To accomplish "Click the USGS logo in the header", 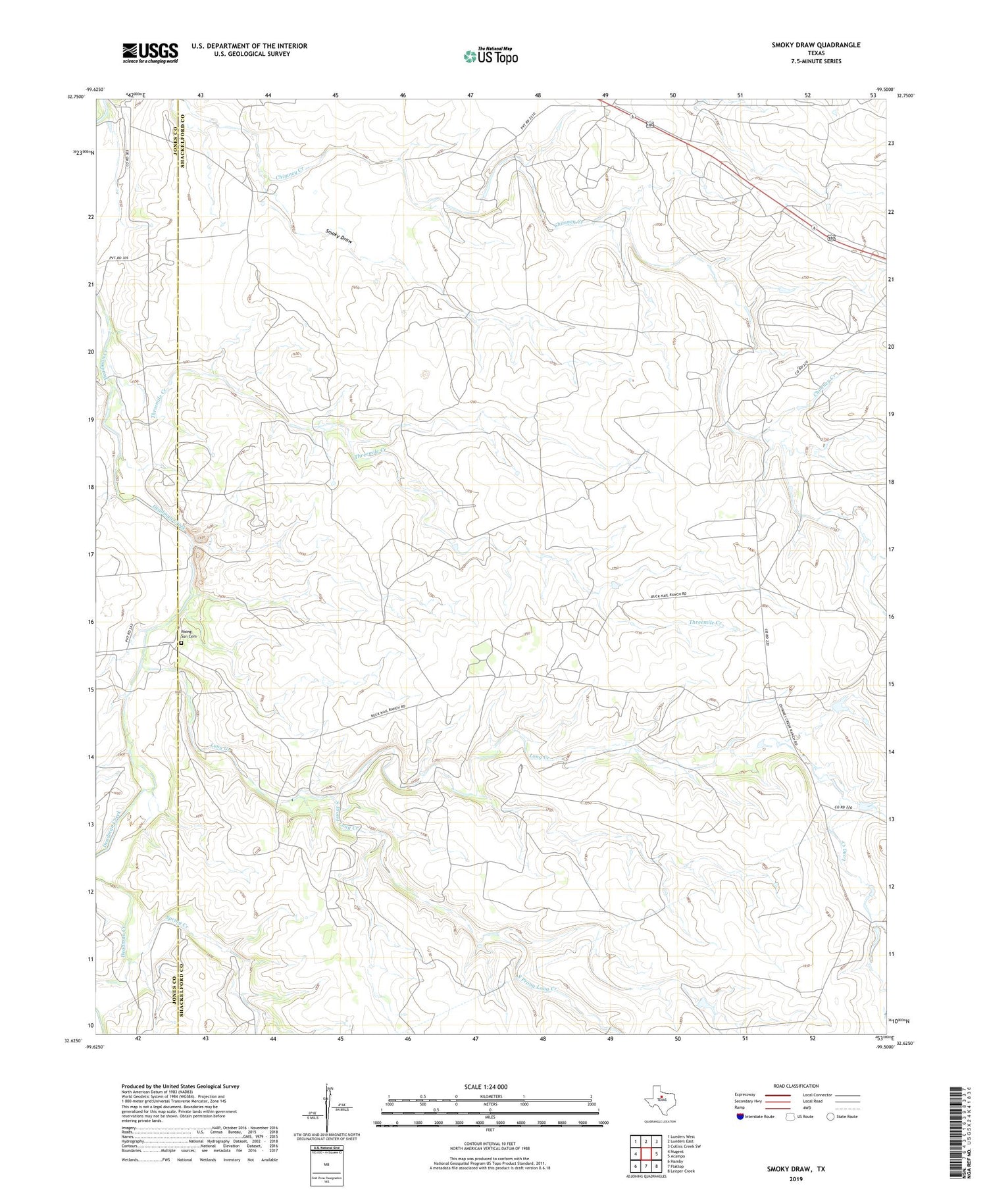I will pos(150,53).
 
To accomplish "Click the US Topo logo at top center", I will pos(490,57).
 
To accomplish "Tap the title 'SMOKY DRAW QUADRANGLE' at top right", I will pos(816,45).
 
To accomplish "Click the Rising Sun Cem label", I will pos(189,635).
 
